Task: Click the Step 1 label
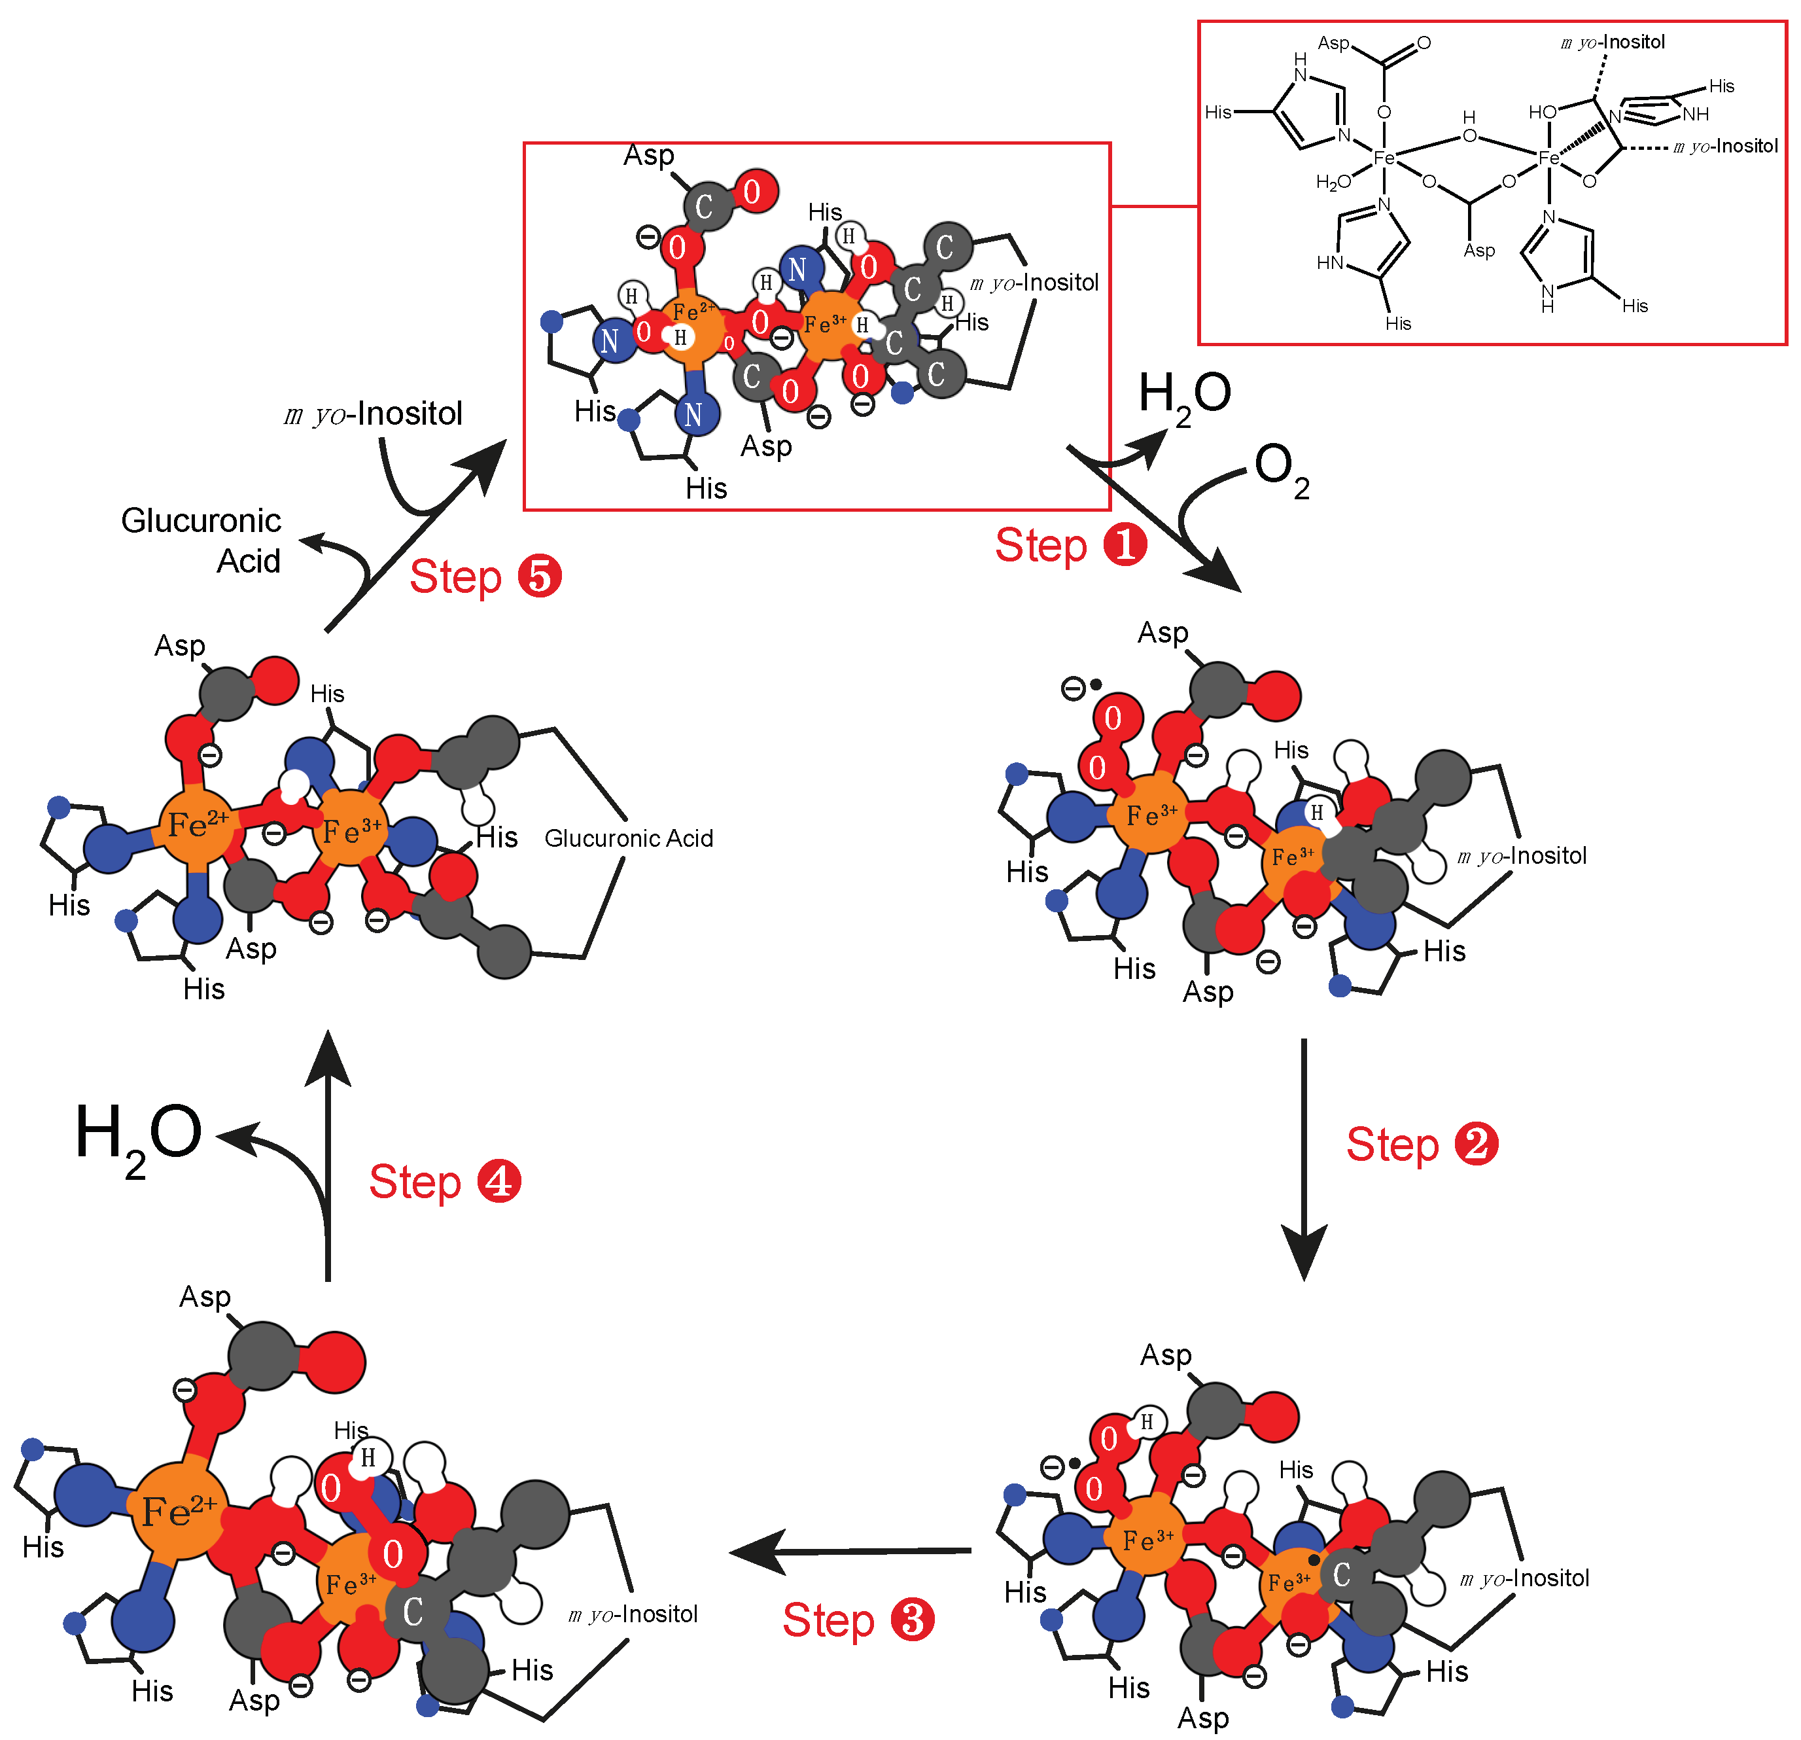click(x=1070, y=546)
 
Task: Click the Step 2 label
click(x=1422, y=1145)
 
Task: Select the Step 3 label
click(x=857, y=1620)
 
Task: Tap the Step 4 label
click(x=444, y=1182)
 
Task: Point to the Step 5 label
click(x=484, y=577)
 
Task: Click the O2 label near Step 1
click(x=1282, y=471)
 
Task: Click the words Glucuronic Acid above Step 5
click(x=201, y=541)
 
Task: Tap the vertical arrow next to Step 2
click(x=1303, y=1158)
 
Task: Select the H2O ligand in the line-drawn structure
click(x=1333, y=182)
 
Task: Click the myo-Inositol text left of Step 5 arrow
click(x=373, y=414)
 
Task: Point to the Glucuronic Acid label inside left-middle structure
click(x=629, y=838)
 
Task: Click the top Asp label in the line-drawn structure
click(x=1333, y=43)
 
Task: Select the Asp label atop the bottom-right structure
click(x=1165, y=1354)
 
